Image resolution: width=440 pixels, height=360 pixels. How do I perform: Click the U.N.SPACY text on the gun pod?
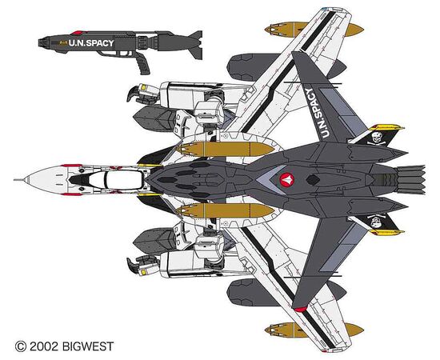point(91,43)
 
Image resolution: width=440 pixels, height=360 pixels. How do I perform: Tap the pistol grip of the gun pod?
point(143,65)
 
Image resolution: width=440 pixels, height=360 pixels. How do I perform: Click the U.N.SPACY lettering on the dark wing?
point(317,114)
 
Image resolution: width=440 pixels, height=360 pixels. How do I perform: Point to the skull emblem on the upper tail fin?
point(377,138)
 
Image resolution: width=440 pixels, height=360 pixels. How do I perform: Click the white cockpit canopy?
point(122,180)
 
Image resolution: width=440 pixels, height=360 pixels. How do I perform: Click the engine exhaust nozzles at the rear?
point(411,180)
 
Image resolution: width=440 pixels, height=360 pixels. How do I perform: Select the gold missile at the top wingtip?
point(314,30)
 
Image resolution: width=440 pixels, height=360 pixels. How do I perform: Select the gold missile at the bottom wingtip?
point(314,330)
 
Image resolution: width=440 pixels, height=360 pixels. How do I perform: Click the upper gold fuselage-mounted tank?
point(225,149)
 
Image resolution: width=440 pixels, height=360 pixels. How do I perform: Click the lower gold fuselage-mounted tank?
point(225,210)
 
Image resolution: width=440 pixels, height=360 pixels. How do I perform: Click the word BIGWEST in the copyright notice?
point(88,346)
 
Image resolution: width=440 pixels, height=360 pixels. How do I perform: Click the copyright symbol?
point(21,346)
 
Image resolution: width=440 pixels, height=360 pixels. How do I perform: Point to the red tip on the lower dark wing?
point(300,310)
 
